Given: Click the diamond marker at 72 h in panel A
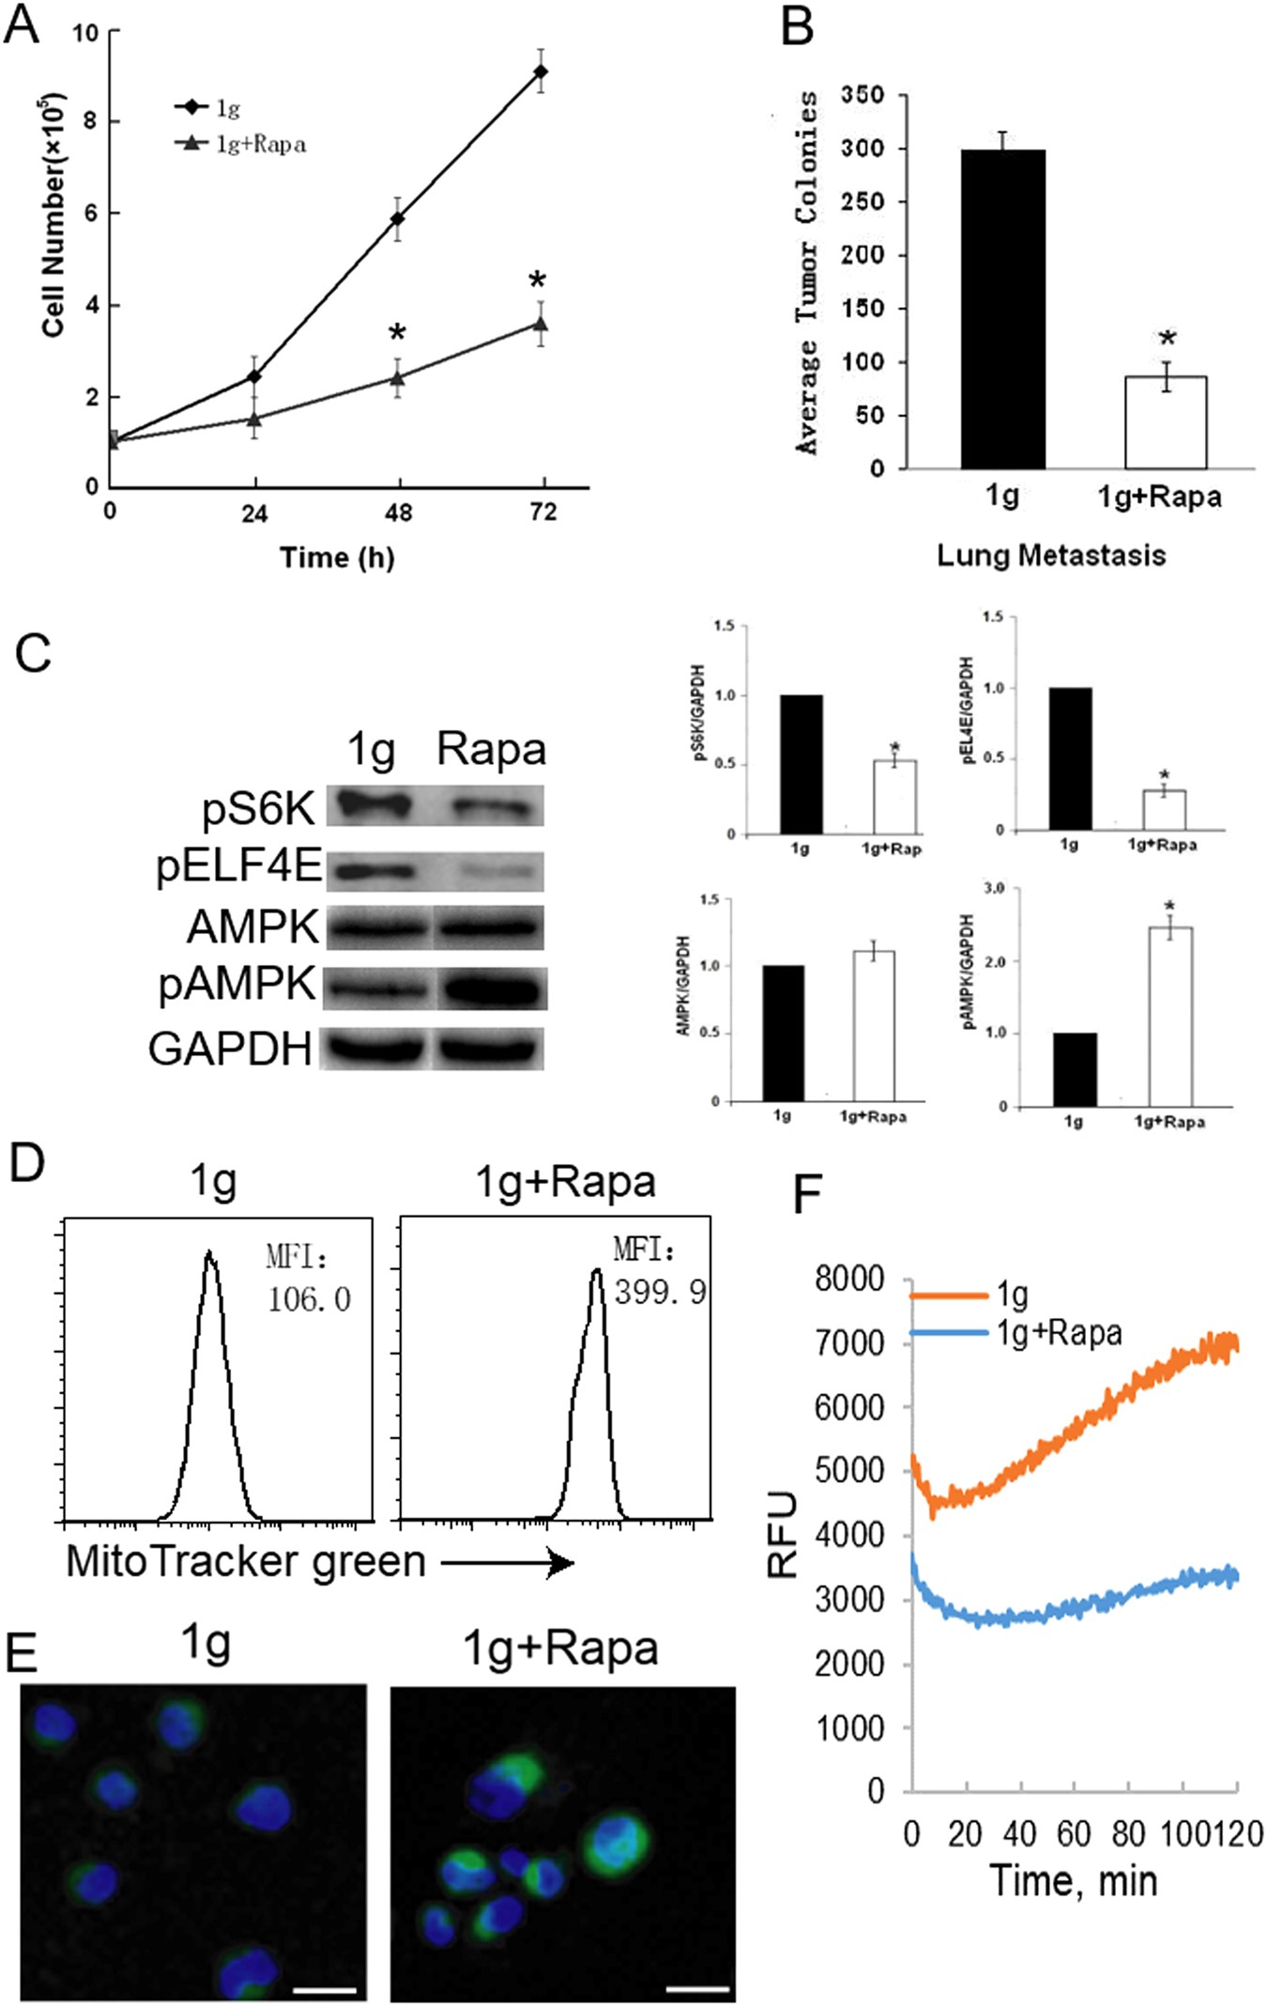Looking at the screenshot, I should coord(541,71).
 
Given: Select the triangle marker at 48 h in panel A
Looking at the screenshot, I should coord(398,377).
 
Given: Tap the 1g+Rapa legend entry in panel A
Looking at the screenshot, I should coord(243,144).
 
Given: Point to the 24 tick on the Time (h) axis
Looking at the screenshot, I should coord(254,513).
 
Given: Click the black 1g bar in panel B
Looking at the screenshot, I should coord(1002,310).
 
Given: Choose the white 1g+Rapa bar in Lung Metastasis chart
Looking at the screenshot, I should coord(1166,422).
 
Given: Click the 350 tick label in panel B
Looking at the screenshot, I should coord(862,95).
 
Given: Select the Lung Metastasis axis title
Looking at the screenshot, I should coord(1051,555).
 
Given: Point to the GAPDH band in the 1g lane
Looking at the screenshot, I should coord(377,1049).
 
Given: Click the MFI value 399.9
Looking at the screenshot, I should coord(660,1293).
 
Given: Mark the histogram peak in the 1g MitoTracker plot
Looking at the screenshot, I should coord(209,1254).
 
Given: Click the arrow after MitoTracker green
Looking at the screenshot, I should coord(508,1563).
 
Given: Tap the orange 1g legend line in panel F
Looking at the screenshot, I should coord(949,1295).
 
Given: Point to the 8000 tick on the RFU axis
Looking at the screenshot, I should coord(850,1279).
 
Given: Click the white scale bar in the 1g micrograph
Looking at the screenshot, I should coord(324,1987).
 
